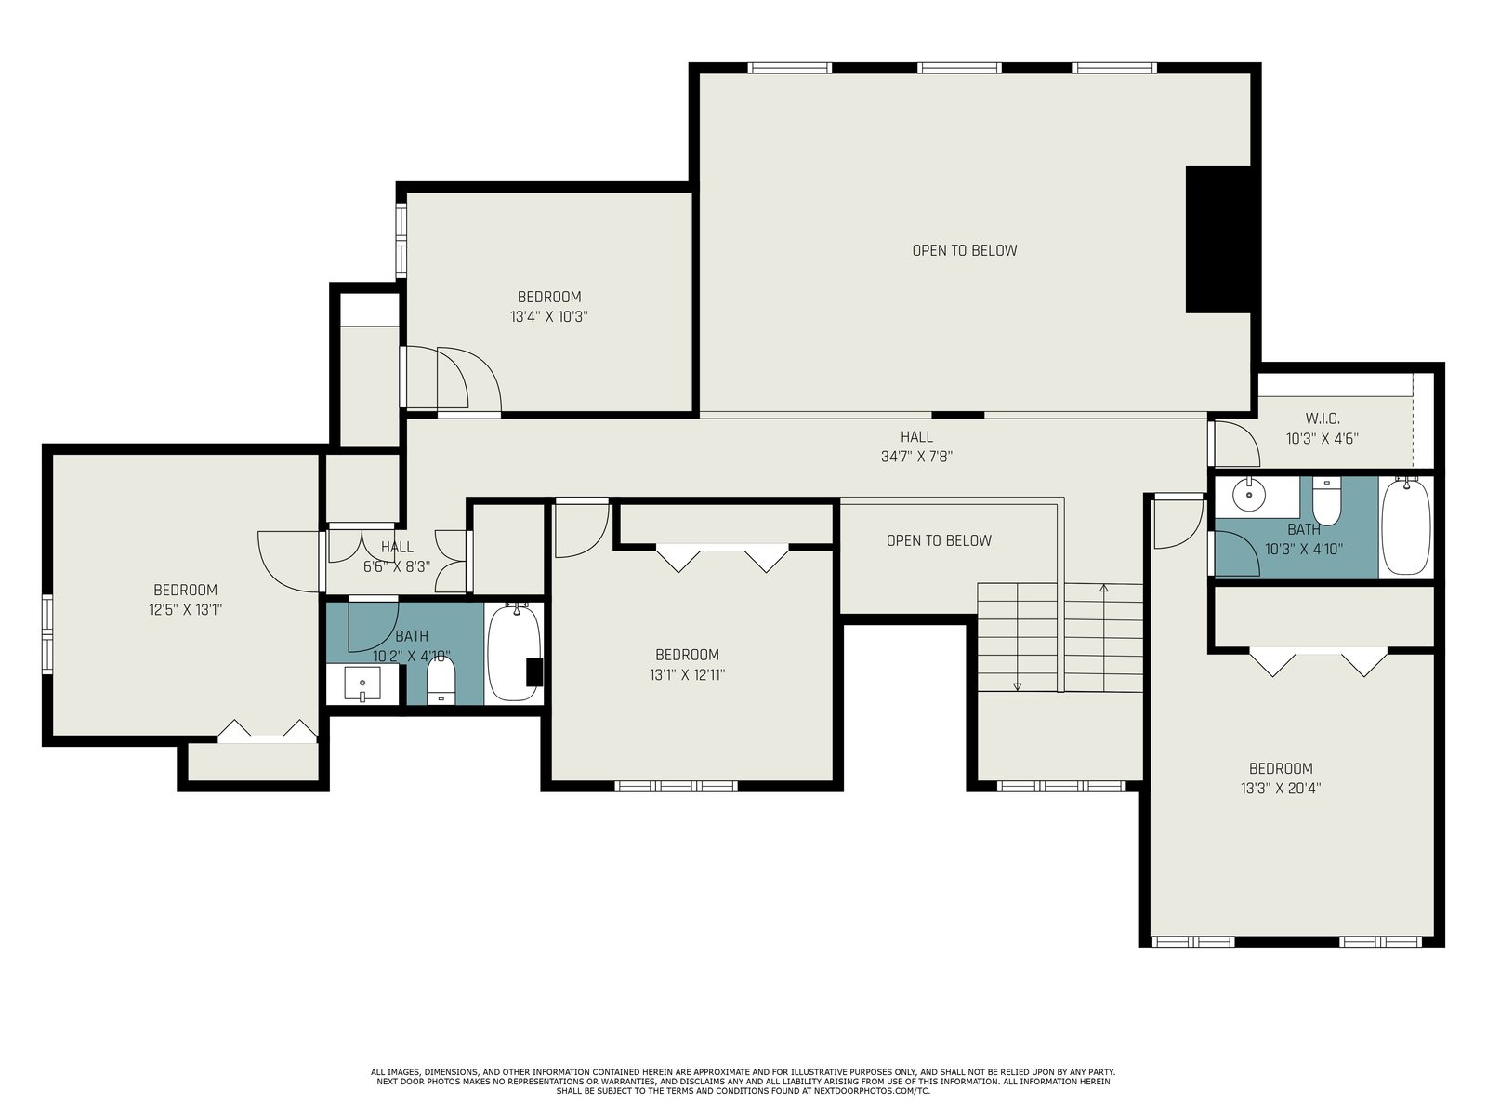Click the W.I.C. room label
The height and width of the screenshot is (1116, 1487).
click(1322, 418)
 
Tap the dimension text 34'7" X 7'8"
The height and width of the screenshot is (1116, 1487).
click(916, 457)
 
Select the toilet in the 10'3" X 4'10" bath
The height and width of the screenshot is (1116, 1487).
click(1326, 500)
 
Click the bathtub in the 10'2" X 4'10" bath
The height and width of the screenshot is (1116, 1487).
click(514, 653)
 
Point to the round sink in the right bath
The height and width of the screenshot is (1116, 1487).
click(1248, 496)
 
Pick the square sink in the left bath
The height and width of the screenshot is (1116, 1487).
click(362, 683)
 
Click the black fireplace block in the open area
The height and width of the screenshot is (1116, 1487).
click(1217, 239)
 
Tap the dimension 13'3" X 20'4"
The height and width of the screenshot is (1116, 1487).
click(1281, 788)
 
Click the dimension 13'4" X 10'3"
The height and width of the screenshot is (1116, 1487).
click(548, 316)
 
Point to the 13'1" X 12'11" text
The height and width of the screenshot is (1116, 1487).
click(687, 674)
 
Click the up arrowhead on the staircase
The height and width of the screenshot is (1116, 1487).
click(1103, 588)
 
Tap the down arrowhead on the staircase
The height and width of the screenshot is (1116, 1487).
click(1017, 686)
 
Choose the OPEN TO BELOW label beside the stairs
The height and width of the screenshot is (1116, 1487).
click(939, 540)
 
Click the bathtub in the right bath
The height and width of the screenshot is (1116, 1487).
click(1406, 527)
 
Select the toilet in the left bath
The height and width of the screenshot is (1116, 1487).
click(441, 681)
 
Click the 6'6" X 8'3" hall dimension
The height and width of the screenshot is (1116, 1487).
click(397, 567)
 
